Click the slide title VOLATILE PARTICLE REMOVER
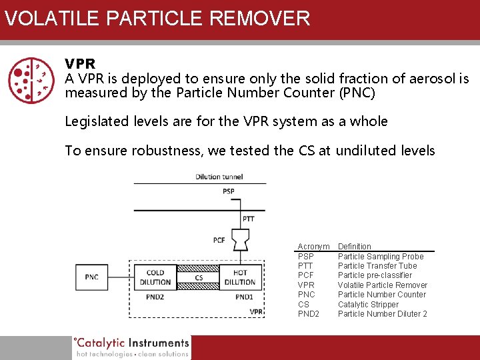[x=157, y=18]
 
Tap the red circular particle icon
[x=31, y=79]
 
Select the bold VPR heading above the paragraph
[x=80, y=64]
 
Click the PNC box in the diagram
[x=91, y=277]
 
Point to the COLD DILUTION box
[x=155, y=277]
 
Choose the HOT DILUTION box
[x=240, y=277]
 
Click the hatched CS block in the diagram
[x=198, y=277]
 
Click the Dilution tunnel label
[x=219, y=177]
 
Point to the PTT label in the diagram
[x=248, y=219]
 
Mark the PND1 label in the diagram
[x=244, y=297]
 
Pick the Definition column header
[x=355, y=247]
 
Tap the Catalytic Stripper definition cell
[x=368, y=305]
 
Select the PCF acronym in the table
[x=306, y=275]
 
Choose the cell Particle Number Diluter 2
[x=382, y=314]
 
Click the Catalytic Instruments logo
[x=131, y=347]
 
